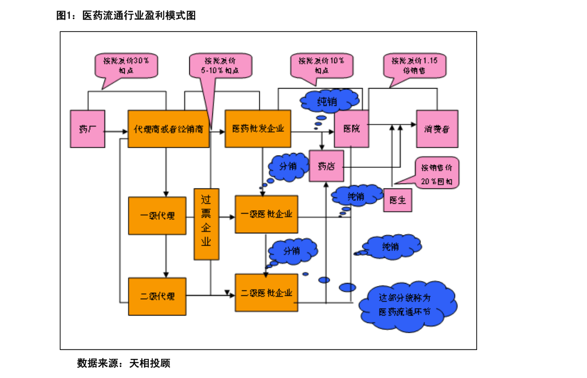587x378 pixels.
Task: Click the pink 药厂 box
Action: coord(87,128)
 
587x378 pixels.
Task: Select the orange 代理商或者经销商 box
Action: coord(169,128)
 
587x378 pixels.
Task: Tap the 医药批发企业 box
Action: coord(258,128)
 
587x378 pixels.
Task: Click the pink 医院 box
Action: coord(351,128)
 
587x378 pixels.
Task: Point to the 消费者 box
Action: coord(437,128)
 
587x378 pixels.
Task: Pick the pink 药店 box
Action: coord(326,166)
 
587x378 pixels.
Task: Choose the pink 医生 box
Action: coord(397,200)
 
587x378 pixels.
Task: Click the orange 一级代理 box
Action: coord(157,216)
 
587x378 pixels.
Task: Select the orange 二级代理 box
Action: coord(157,296)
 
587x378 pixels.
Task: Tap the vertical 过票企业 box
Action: coord(206,224)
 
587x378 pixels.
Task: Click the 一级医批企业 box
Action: coord(266,214)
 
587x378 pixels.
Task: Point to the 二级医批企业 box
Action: coord(266,293)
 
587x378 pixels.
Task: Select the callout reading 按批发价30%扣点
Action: coord(126,65)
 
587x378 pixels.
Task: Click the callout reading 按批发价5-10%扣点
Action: coord(220,65)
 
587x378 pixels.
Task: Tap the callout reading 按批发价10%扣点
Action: coord(321,65)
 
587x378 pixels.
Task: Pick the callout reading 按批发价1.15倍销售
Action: coord(414,65)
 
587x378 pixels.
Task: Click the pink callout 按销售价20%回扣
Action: coord(437,174)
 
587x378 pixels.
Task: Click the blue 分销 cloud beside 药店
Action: coord(288,166)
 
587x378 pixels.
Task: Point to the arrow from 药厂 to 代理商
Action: coord(116,131)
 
